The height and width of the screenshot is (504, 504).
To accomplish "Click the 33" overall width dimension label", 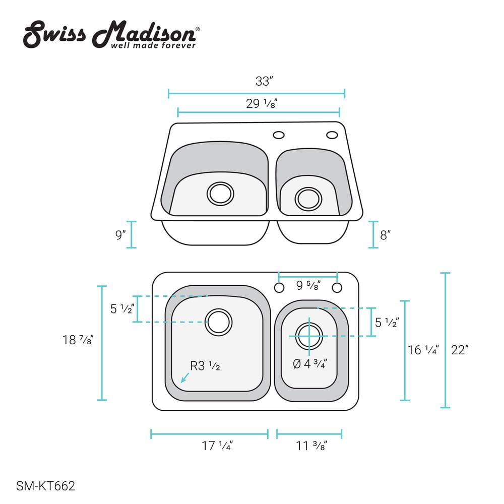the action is tap(264, 81).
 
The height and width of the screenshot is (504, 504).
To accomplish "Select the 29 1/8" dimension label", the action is tap(262, 103).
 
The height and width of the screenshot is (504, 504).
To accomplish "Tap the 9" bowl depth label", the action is tap(120, 235).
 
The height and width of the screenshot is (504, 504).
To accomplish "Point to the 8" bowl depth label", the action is tap(385, 235).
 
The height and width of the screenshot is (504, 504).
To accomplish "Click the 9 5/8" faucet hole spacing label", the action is tap(308, 285).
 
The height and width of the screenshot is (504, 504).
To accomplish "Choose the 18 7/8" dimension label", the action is tap(78, 340).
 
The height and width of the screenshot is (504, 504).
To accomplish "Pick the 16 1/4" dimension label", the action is tap(423, 350).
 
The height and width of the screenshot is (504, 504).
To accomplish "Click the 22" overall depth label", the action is tap(460, 350).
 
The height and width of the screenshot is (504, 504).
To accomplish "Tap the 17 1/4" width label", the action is tap(217, 446).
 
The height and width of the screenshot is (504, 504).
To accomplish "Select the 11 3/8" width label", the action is tap(311, 446).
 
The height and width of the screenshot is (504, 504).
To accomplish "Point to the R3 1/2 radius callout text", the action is tap(205, 366).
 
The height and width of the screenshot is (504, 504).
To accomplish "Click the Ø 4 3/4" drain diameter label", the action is tap(310, 364).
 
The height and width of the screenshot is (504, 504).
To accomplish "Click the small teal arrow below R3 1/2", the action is tap(185, 377).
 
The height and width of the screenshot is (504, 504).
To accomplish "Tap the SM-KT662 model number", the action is tap(46, 486).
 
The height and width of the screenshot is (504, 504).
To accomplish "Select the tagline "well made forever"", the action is tap(153, 45).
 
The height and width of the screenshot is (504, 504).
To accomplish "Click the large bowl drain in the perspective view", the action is tap(221, 194).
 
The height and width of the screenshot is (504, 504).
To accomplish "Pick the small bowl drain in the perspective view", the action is tap(308, 199).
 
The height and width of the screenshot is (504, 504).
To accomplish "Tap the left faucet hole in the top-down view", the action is tap(279, 288).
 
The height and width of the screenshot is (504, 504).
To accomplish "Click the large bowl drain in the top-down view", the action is tap(219, 322).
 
